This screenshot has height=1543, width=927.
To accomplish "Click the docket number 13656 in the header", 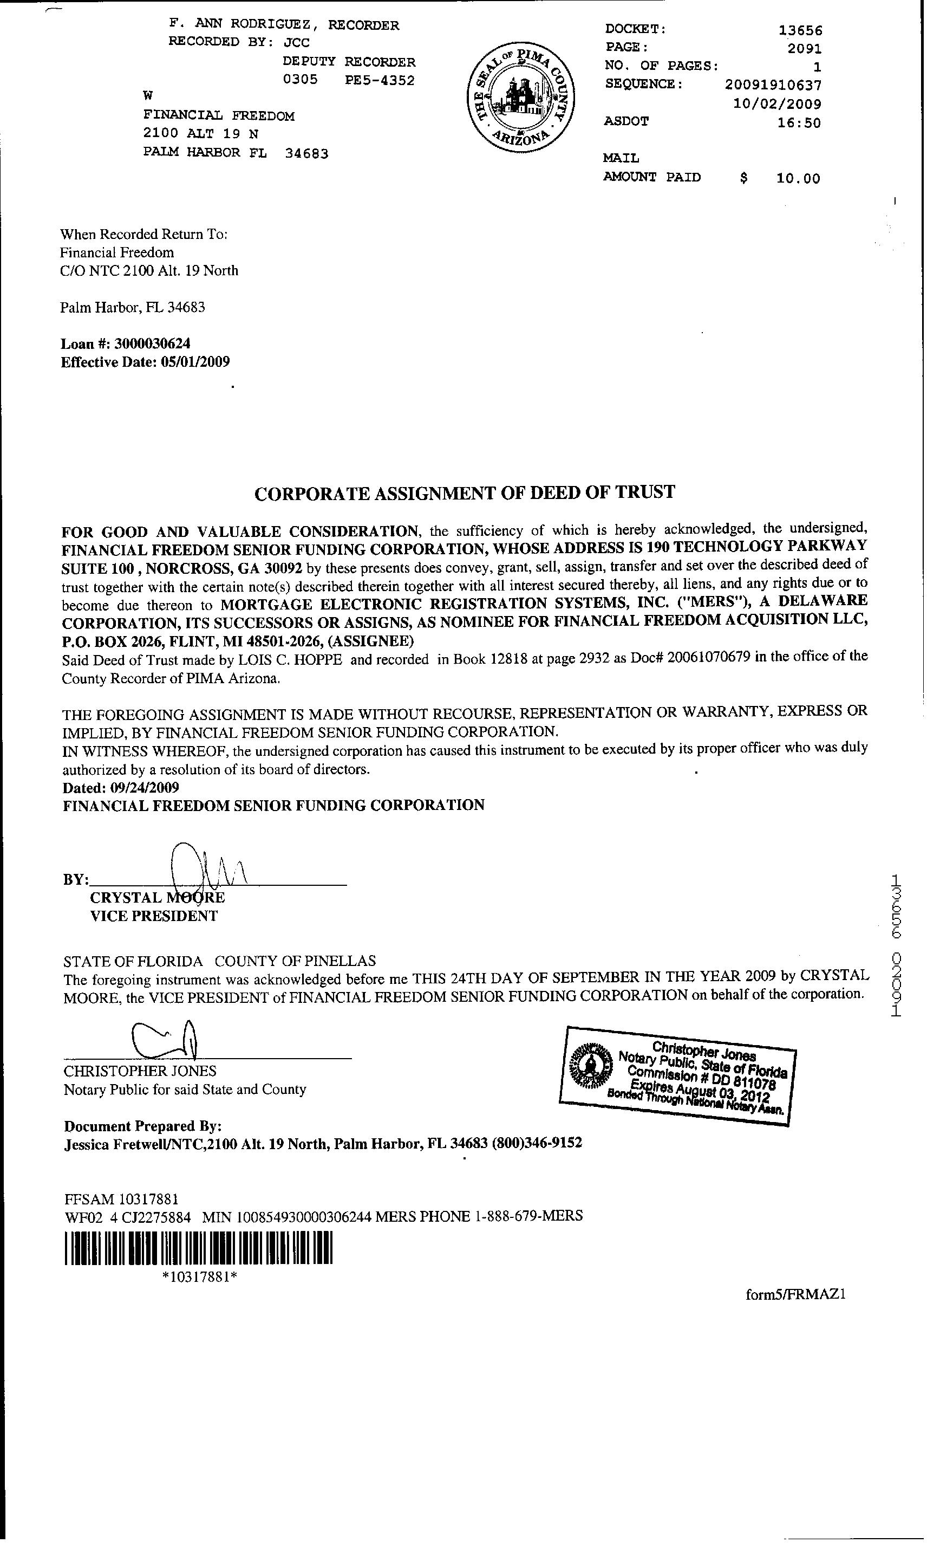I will click(x=800, y=30).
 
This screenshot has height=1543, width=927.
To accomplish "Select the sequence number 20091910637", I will click(x=773, y=85).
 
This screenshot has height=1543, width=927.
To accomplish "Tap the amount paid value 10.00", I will click(x=798, y=179).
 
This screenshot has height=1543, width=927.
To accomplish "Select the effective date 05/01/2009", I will click(x=195, y=362).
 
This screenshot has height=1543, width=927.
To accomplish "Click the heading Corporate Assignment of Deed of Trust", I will click(x=465, y=492).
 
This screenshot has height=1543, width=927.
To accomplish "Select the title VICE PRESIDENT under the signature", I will click(x=154, y=916).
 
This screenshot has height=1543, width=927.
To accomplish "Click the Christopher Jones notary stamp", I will click(x=678, y=1074).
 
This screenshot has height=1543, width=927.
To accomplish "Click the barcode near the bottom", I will click(x=199, y=1248).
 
